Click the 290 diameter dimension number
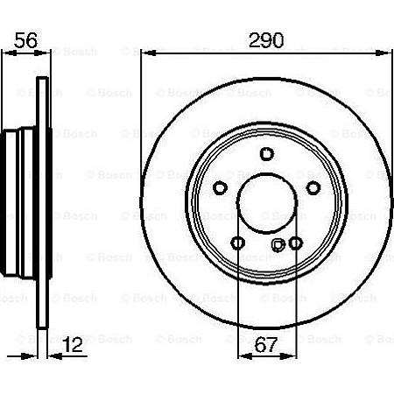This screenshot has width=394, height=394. [267, 39]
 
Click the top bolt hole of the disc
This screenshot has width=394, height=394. [267, 154]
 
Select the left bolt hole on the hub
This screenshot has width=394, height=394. [221, 187]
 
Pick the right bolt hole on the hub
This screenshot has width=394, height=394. [313, 187]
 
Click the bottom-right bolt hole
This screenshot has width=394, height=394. [296, 243]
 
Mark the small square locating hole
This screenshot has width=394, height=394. [278, 245]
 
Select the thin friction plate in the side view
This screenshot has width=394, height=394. [40, 210]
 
